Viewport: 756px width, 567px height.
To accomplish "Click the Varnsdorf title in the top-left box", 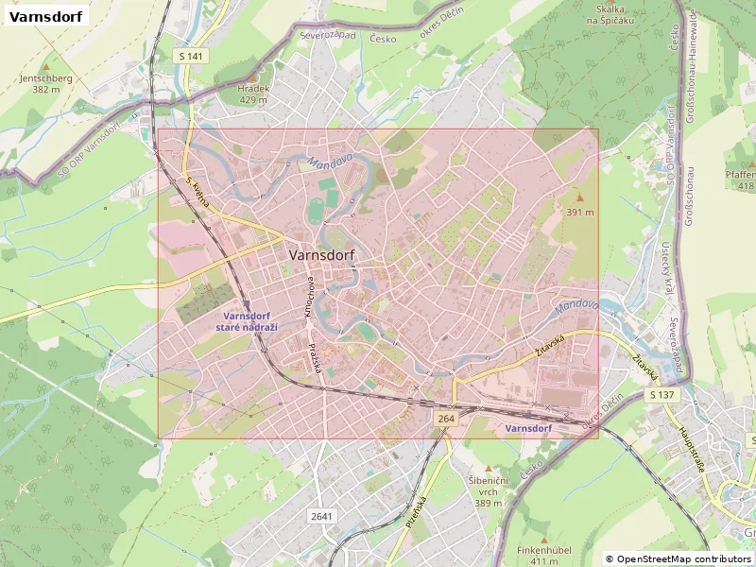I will (46, 16).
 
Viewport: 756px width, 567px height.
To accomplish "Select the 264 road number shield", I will (446, 417).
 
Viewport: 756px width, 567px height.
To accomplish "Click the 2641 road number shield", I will (321, 516).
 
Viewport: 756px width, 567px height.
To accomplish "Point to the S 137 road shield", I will (662, 394).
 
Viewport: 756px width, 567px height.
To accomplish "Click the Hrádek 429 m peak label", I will (253, 93).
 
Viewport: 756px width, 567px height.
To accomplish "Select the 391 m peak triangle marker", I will (580, 198).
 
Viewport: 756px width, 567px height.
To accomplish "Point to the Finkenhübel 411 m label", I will (538, 555).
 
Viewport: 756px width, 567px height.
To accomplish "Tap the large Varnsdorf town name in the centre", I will (320, 255).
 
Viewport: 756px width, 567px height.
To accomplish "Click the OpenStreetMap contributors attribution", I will (679, 559).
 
